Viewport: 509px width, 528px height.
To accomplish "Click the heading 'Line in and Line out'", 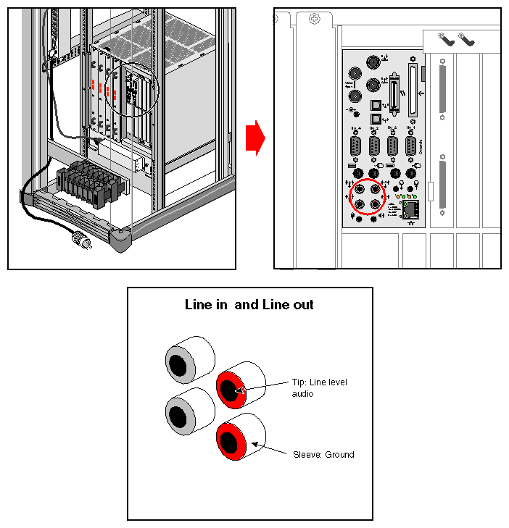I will click(249, 305).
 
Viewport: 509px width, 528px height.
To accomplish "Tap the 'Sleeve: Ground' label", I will click(323, 455).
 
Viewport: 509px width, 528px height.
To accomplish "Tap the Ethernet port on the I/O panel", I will click(410, 210).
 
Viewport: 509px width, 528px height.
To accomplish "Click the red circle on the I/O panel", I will click(365, 196).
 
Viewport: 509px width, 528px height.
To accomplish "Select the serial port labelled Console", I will click(410, 147).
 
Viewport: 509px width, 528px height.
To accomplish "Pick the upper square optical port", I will click(374, 105).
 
